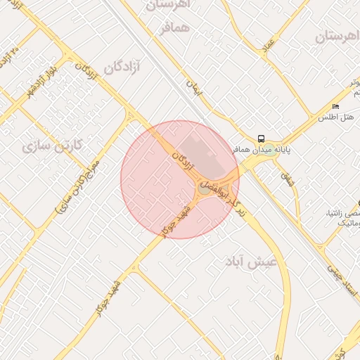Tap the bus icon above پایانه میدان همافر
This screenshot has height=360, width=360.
pos(261,138)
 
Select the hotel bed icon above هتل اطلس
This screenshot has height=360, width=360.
pos(335,107)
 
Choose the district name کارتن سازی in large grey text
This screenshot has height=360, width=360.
pos(53,146)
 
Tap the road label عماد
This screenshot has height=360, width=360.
pos(269,46)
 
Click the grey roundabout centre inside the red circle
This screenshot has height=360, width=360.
pos(204,188)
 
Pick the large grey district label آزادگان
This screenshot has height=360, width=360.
pos(122,67)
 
